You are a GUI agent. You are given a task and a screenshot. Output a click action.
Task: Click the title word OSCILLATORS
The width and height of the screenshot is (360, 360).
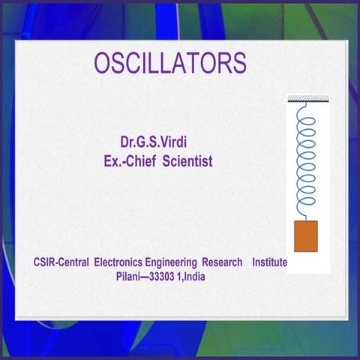click(x=169, y=63)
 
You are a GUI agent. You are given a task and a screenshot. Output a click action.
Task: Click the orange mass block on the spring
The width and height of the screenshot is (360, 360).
click(x=305, y=236)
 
